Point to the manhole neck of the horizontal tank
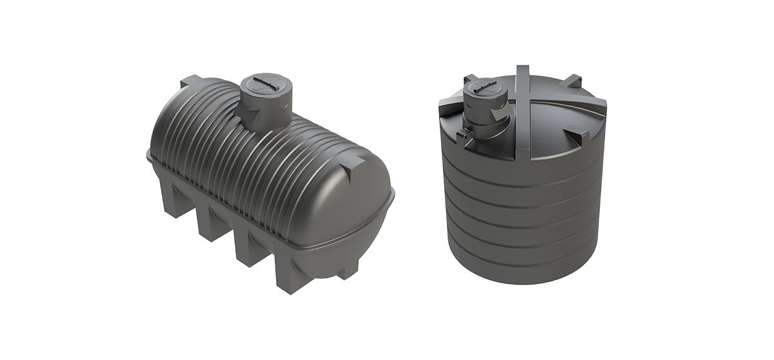pyautogui.click(x=264, y=110)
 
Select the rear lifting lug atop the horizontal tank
pyautogui.click(x=191, y=81)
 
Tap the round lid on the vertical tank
pyautogui.click(x=482, y=88)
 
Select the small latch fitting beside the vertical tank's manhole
pyautogui.click(x=461, y=136)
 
